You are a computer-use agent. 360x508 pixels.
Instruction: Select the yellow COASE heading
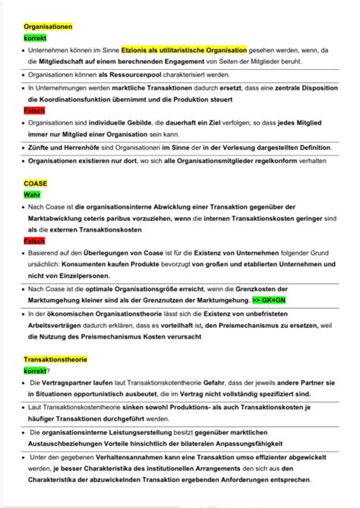tap(36, 184)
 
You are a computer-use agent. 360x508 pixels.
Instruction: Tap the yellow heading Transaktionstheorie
tap(56, 358)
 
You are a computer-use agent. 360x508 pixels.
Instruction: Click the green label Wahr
tap(32, 195)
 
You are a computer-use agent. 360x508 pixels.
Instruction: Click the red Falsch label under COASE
tap(34, 241)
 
